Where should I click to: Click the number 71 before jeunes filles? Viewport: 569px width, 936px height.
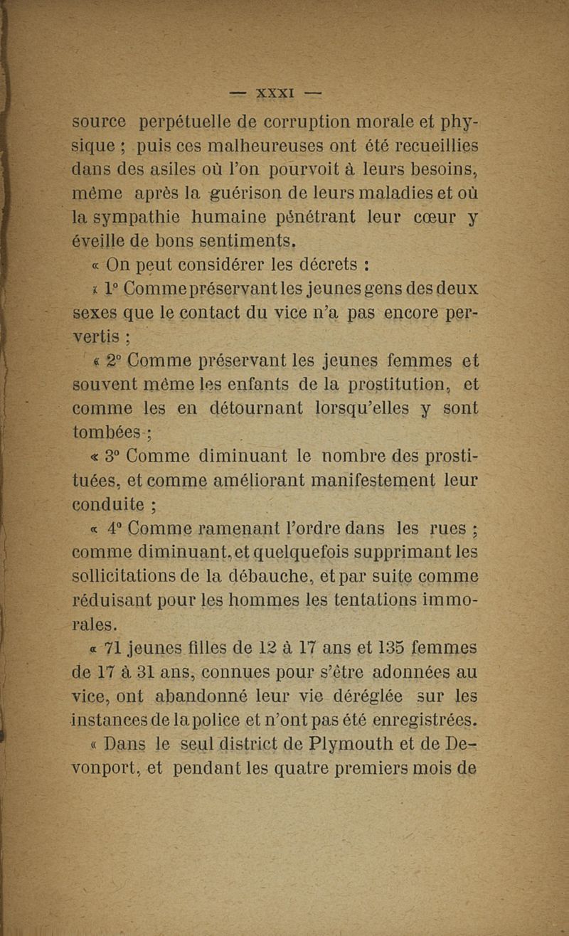click(112, 648)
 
